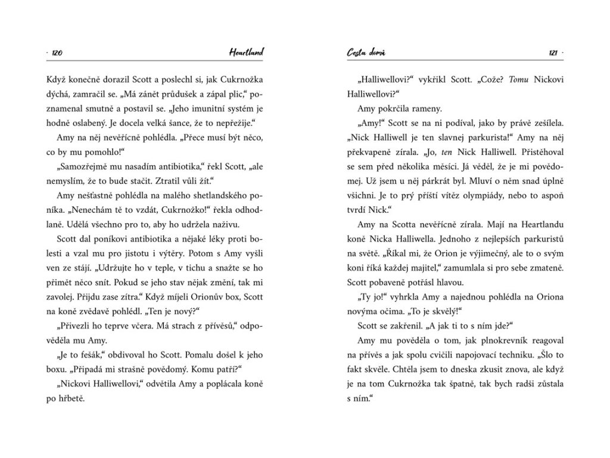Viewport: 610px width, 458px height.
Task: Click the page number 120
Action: click(x=58, y=54)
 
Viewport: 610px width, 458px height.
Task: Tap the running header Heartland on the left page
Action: click(x=246, y=53)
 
